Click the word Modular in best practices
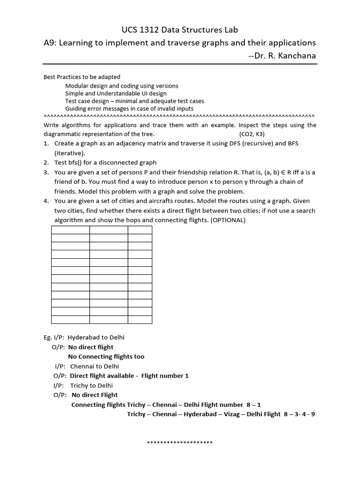point(76,86)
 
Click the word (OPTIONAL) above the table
point(228,220)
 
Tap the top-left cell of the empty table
point(70,230)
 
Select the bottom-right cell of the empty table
point(140,319)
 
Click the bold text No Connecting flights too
point(106,356)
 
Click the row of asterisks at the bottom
point(180,443)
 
